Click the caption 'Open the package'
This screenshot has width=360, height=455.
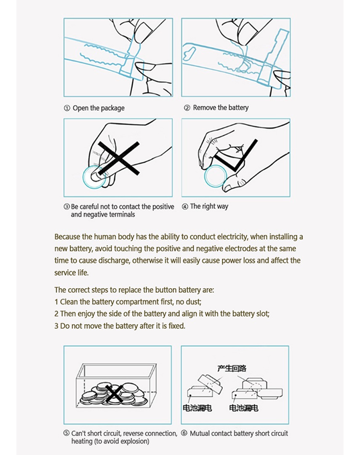pos(99,108)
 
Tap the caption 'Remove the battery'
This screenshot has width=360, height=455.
pos(221,108)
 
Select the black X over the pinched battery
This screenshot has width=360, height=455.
pos(119,158)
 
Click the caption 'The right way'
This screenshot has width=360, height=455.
pos(209,206)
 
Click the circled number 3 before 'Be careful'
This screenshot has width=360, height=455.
pos(67,207)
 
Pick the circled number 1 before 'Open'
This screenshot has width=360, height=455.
pos(67,108)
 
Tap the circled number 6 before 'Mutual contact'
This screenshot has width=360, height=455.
pos(184,433)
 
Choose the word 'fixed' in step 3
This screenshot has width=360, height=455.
pos(176,326)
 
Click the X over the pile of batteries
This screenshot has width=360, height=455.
pos(114,393)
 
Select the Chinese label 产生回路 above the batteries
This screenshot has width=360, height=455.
pos(232,369)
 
